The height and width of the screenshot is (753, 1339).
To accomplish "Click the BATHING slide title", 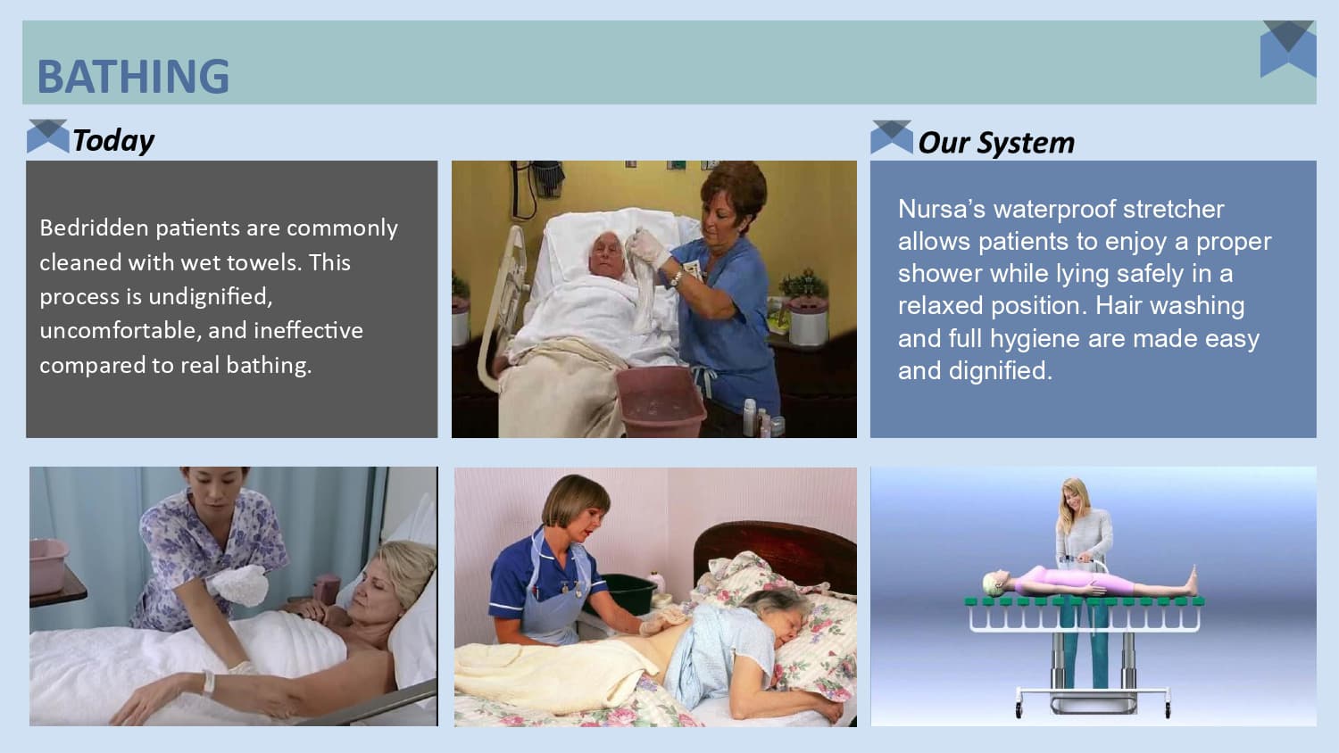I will coord(133,77).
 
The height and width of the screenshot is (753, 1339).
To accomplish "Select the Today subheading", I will coord(113,140).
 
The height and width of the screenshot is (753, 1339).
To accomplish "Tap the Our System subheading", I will coord(996,143).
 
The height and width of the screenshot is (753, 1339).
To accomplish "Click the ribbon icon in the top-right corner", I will coord(1288,48).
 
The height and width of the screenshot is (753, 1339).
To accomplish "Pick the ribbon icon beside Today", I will coord(47,136).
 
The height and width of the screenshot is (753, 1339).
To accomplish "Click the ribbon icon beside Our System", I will coord(891,137).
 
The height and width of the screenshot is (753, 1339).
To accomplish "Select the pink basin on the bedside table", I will coord(48,564).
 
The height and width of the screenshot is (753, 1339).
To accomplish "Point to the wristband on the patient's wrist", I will coord(209,682).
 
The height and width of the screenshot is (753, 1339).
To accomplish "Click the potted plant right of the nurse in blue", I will coord(803,285).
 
